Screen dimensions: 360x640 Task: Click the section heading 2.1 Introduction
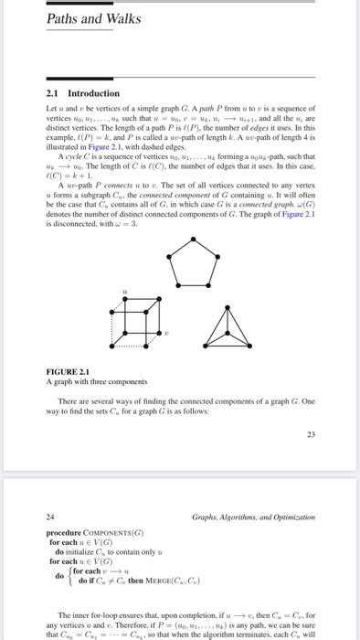tap(82, 93)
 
